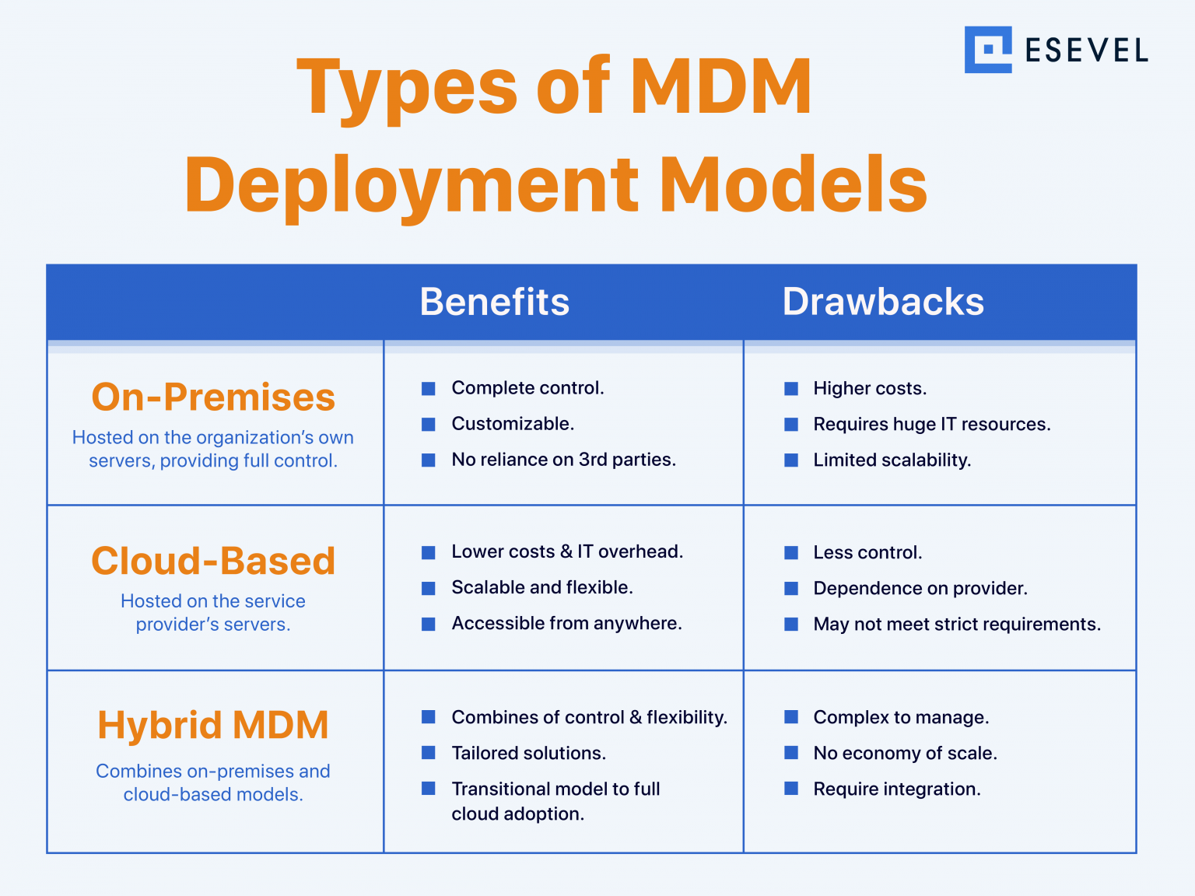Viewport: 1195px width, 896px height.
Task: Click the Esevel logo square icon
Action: point(988,50)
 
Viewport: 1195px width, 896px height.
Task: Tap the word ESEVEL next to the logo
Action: point(1086,51)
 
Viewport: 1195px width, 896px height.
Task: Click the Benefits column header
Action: point(495,302)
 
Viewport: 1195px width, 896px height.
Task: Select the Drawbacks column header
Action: point(883,302)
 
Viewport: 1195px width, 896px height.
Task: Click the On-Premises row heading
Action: point(213,397)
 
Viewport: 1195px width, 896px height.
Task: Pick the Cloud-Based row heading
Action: point(213,561)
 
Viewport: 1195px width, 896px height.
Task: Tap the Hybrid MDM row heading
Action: point(213,725)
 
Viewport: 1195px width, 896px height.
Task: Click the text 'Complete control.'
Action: point(527,388)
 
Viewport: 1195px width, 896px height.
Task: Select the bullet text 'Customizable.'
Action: point(513,424)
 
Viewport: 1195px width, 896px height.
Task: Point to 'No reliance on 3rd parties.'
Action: point(563,460)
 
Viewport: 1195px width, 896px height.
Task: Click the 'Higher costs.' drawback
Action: point(870,389)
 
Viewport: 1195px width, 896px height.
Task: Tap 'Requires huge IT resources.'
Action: point(931,425)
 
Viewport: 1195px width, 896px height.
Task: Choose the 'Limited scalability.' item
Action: point(892,460)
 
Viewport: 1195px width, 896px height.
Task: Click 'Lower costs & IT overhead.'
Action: point(567,552)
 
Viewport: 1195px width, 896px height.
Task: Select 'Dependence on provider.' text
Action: point(920,589)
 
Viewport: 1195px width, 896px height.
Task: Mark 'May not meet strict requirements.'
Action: point(957,625)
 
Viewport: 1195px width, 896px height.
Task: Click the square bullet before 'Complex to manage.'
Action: point(791,717)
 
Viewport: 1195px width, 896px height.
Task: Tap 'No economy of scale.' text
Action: point(905,754)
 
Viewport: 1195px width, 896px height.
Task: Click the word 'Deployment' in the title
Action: point(411,185)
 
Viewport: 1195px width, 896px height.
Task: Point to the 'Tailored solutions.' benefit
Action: point(528,754)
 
